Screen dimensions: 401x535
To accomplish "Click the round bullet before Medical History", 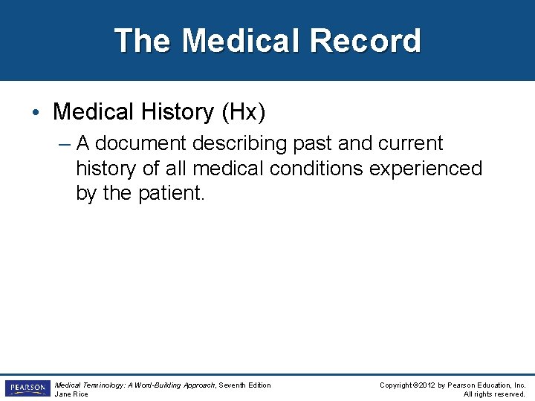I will pyautogui.click(x=36, y=113).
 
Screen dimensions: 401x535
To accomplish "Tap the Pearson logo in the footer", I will pyautogui.click(x=27, y=388).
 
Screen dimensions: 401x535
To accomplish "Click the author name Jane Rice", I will pyautogui.click(x=71, y=394).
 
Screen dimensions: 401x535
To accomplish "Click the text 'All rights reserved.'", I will pyautogui.click(x=494, y=394).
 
